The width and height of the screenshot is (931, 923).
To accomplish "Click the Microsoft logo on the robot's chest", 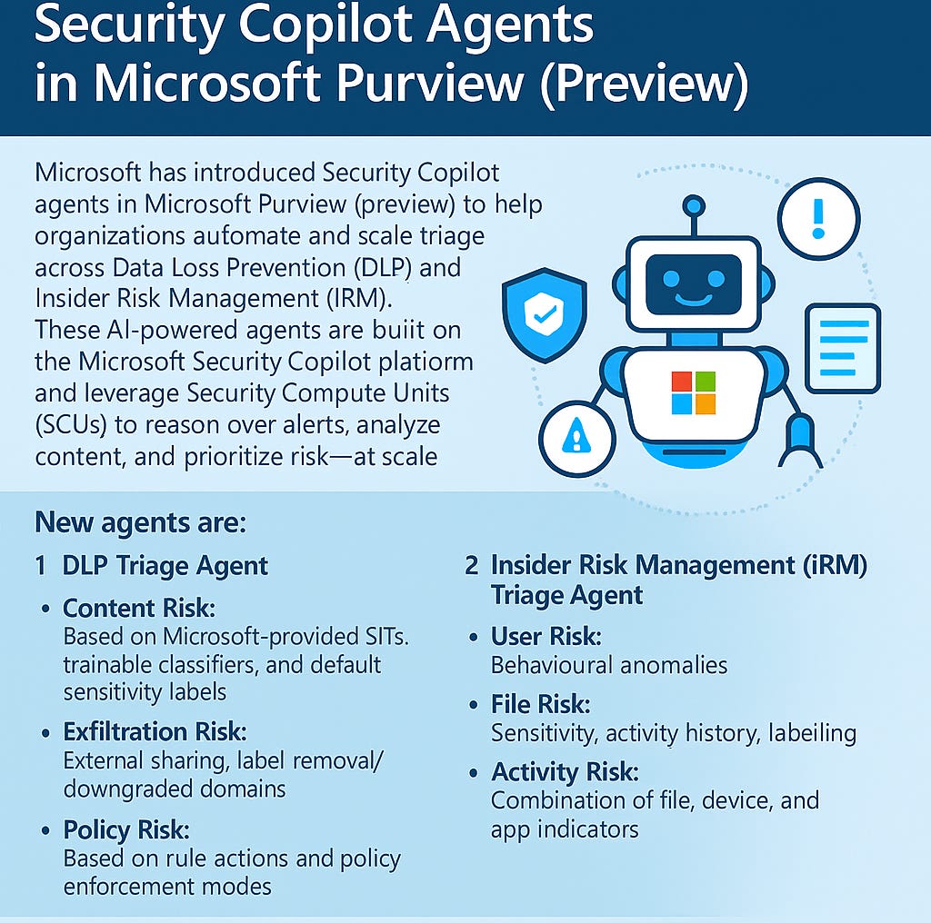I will [693, 392].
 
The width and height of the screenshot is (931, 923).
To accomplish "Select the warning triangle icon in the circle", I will [576, 439].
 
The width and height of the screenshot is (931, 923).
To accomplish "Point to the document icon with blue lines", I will [842, 348].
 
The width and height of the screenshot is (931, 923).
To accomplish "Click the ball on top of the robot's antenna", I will [694, 205].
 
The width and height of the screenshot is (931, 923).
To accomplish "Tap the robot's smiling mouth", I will [693, 297].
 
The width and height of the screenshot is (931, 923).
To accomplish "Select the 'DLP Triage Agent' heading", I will [165, 566].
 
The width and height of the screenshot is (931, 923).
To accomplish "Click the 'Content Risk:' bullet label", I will [138, 608].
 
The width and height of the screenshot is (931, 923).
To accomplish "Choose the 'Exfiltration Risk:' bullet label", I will [155, 731].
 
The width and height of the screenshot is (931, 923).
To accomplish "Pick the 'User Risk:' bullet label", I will [546, 636].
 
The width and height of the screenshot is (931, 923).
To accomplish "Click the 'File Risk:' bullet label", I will [540, 704].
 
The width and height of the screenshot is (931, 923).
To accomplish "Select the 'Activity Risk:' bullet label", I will [565, 772].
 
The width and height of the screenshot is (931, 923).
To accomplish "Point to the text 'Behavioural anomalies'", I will [609, 665].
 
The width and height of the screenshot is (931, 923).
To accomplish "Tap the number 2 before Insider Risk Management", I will [471, 565].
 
